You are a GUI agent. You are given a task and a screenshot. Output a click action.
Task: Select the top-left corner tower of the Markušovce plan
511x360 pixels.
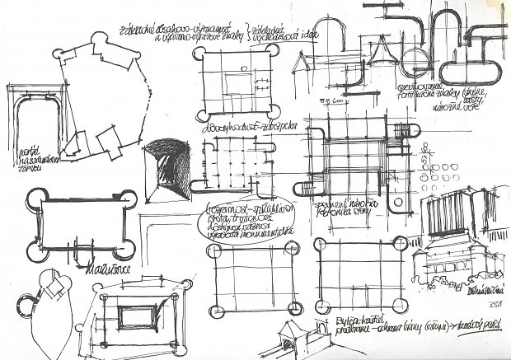point(32,195)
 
